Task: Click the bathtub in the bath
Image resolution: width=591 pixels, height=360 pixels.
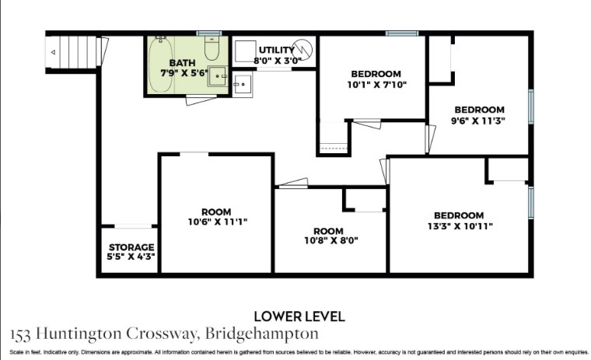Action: point(160,65)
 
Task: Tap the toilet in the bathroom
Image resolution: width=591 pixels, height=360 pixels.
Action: point(212,49)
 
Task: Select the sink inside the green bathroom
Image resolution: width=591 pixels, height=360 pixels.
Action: point(218,76)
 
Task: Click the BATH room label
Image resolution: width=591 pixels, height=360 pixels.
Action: point(182,63)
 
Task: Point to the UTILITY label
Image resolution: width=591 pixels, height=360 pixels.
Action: point(277,50)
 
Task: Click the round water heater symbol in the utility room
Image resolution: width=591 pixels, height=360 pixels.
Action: point(302,50)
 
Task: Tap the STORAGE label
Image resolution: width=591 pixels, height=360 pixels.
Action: point(131,247)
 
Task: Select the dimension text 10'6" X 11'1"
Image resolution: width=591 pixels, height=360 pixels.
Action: point(218,222)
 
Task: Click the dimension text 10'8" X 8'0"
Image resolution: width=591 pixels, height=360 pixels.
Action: point(331,240)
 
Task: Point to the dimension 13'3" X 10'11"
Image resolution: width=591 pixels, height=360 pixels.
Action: point(460,226)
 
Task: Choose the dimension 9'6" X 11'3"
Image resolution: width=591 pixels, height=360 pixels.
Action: point(478,121)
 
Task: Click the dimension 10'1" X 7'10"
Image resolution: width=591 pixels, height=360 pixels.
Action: point(377,85)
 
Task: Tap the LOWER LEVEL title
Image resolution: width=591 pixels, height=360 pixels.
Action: point(299,316)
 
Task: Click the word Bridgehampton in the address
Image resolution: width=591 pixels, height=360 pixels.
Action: point(261,334)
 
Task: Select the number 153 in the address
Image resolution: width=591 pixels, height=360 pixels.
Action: point(21,334)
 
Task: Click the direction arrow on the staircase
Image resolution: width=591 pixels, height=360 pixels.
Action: point(53,52)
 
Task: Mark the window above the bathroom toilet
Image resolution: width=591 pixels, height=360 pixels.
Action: point(209,33)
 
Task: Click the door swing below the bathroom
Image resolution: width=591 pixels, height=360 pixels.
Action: point(201,100)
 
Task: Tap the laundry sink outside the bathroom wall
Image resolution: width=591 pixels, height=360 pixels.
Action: point(243,85)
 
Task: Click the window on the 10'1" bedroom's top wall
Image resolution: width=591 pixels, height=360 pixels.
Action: point(402,33)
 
